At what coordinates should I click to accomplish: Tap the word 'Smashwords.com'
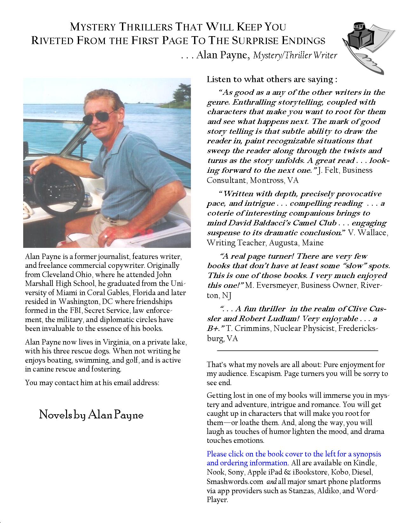235,481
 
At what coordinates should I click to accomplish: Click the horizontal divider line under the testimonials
297,351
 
